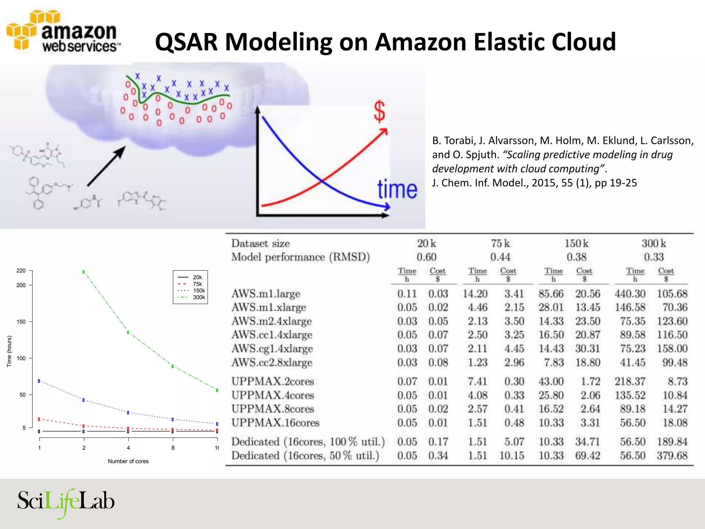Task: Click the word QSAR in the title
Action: [x=186, y=42]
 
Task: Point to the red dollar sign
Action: [x=379, y=112]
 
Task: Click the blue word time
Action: [x=397, y=189]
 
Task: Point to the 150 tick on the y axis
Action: [x=21, y=322]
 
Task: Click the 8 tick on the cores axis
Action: [x=173, y=448]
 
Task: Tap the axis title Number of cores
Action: [x=128, y=461]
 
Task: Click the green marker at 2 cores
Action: [x=84, y=272]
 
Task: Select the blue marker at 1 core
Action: [x=39, y=381]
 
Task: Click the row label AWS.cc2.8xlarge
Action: [x=272, y=363]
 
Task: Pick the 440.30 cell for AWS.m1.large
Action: [x=630, y=294]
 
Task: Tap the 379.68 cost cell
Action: [x=672, y=456]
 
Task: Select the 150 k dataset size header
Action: [x=576, y=243]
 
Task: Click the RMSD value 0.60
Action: [x=426, y=257]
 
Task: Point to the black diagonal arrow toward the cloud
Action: [x=106, y=166]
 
